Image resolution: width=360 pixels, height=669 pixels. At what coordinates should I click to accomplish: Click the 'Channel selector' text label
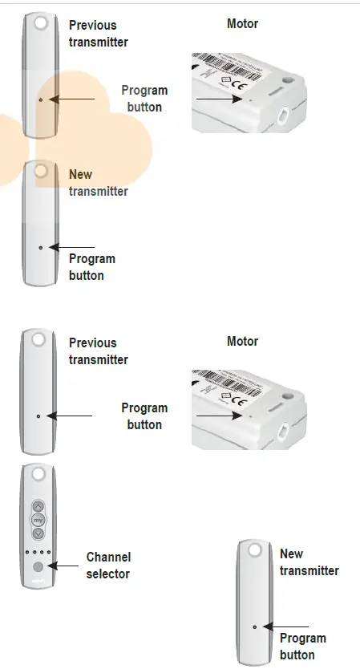(108, 565)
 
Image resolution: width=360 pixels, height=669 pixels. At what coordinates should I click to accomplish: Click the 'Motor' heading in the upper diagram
(243, 23)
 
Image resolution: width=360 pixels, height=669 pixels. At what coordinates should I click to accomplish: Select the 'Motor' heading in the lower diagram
(243, 341)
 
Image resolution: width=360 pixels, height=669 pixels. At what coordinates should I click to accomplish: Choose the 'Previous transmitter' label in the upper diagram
(98, 33)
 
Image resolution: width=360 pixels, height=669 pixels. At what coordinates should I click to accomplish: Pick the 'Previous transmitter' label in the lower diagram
(98, 351)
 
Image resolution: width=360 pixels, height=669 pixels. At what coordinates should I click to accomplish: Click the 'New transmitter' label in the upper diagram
(98, 183)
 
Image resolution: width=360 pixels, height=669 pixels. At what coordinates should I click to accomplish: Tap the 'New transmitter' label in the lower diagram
(309, 562)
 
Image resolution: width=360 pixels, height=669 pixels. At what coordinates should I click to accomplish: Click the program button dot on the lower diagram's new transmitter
(255, 626)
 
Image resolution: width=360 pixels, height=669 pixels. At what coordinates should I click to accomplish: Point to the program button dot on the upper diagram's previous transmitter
(40, 99)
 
